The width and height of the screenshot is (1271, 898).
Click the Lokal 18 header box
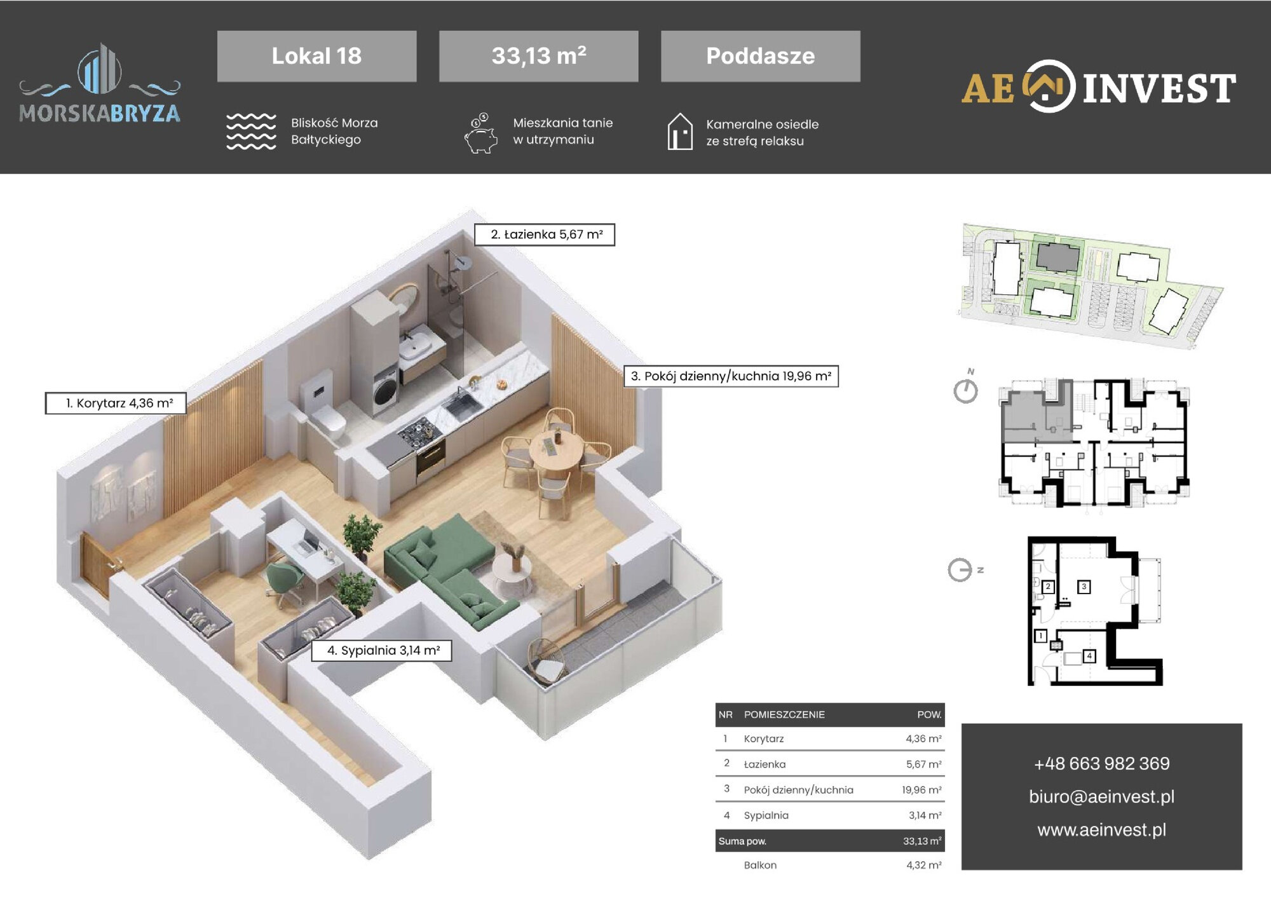[316, 56]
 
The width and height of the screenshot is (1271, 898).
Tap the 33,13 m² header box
[538, 56]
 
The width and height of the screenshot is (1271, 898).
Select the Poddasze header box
[760, 56]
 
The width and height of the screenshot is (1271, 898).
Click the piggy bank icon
[481, 133]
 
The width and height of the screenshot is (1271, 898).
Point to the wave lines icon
[251, 132]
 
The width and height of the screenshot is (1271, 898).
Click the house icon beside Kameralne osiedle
[680, 132]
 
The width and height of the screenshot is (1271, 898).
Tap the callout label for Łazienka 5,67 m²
[545, 235]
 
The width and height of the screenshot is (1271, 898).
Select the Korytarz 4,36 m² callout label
[116, 403]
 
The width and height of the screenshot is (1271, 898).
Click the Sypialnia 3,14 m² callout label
[381, 650]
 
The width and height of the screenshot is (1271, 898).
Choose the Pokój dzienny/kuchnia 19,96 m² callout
[731, 376]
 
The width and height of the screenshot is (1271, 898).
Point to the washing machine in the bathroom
[385, 388]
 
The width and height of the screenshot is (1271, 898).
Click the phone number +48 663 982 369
[1101, 763]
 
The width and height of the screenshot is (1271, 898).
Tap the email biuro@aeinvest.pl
[1101, 796]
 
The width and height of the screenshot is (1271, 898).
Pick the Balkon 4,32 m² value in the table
[924, 865]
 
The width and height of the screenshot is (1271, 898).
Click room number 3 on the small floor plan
[1084, 587]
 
